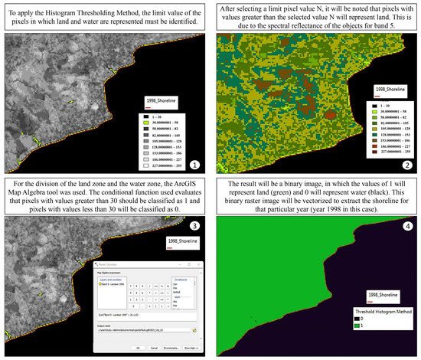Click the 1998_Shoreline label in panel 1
click(x=160, y=100)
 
